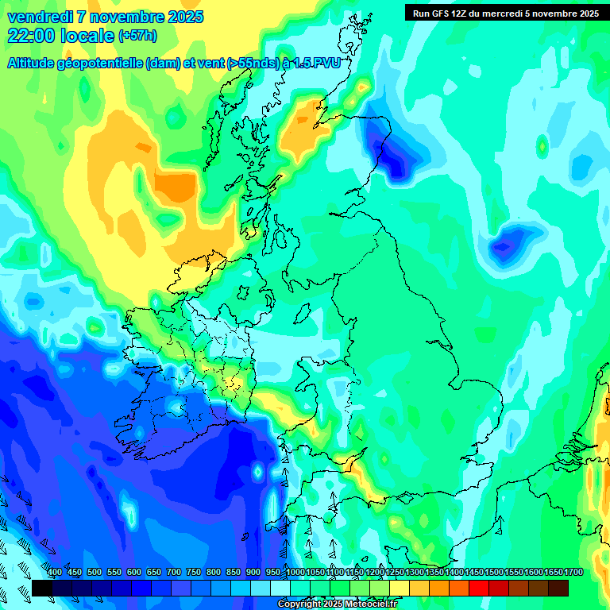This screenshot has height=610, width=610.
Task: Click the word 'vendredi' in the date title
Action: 38,17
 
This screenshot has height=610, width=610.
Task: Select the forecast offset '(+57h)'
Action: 137,36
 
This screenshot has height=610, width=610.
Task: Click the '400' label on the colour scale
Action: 54,572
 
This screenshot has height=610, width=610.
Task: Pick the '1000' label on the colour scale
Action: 295,572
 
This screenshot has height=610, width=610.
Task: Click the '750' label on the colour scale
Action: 194,572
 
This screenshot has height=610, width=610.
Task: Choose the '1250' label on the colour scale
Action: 395,572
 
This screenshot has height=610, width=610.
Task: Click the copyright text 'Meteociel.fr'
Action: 368,604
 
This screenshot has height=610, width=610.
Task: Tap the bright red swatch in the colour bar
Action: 479,588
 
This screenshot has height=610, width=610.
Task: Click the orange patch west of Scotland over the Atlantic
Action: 175,187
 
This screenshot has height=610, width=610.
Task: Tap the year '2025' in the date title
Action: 180,17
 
